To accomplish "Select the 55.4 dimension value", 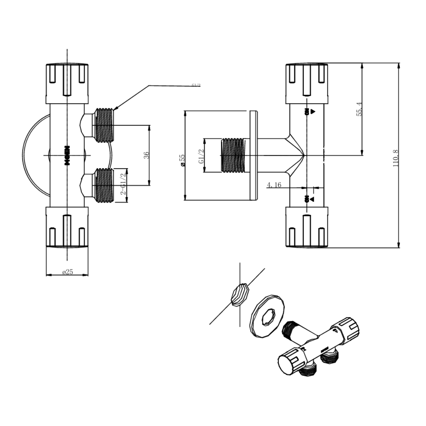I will (x=359, y=109).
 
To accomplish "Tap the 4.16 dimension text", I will (x=274, y=185).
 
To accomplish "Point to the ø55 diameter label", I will (x=182, y=160).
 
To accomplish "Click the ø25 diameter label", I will (x=67, y=272).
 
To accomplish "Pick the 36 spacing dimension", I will (x=146, y=155).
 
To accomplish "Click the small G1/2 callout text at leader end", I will (x=196, y=85).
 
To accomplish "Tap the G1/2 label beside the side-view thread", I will (x=201, y=156).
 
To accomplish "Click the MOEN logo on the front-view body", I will (x=67, y=155).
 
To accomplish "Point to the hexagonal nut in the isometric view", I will (x=240, y=294).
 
